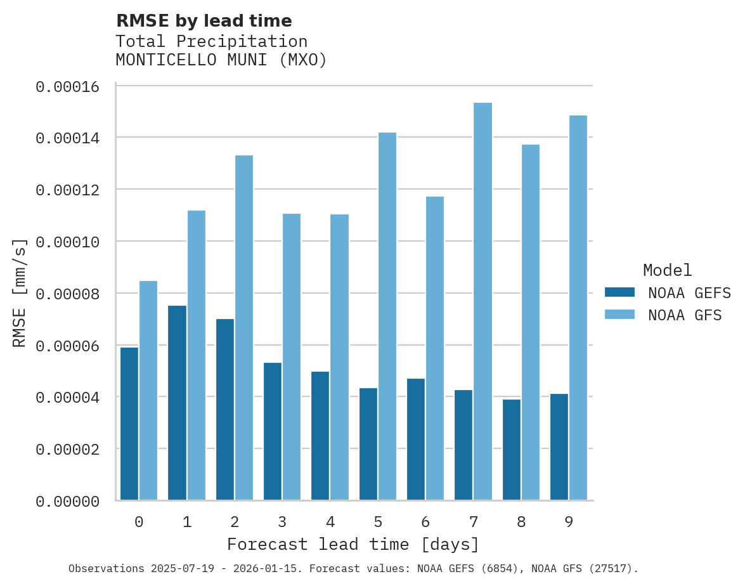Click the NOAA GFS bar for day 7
(483, 301)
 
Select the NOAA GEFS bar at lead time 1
(178, 403)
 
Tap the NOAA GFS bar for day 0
(148, 390)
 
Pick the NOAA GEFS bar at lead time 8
(512, 450)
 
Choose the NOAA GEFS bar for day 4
(320, 436)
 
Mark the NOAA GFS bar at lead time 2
(244, 327)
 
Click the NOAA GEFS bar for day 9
(559, 446)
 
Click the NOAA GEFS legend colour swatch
(619, 292)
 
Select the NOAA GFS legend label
(685, 315)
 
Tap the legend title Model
(667, 270)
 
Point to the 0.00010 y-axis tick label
(67, 242)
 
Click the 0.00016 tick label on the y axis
(67, 87)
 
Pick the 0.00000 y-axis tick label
(67, 502)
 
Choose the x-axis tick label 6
(425, 522)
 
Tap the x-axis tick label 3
(282, 522)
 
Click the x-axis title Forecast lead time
(353, 544)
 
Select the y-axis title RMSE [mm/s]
(20, 293)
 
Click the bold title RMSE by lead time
(204, 21)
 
